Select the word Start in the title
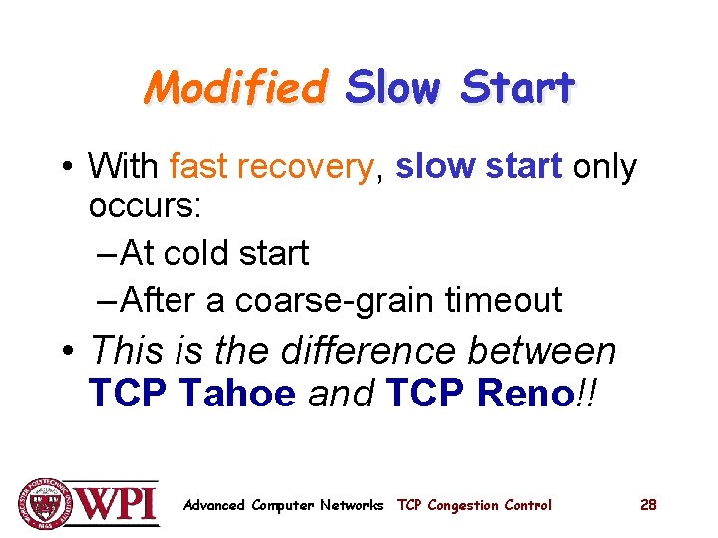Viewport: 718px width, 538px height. click(x=518, y=89)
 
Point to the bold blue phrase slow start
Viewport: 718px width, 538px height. click(x=479, y=167)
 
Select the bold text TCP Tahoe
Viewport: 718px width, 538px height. click(x=192, y=395)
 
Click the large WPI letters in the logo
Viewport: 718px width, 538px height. click(x=117, y=503)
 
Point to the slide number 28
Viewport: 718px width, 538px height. click(x=648, y=505)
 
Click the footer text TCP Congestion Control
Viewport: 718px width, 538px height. click(x=474, y=505)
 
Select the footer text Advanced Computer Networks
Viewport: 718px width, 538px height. click(x=283, y=505)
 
